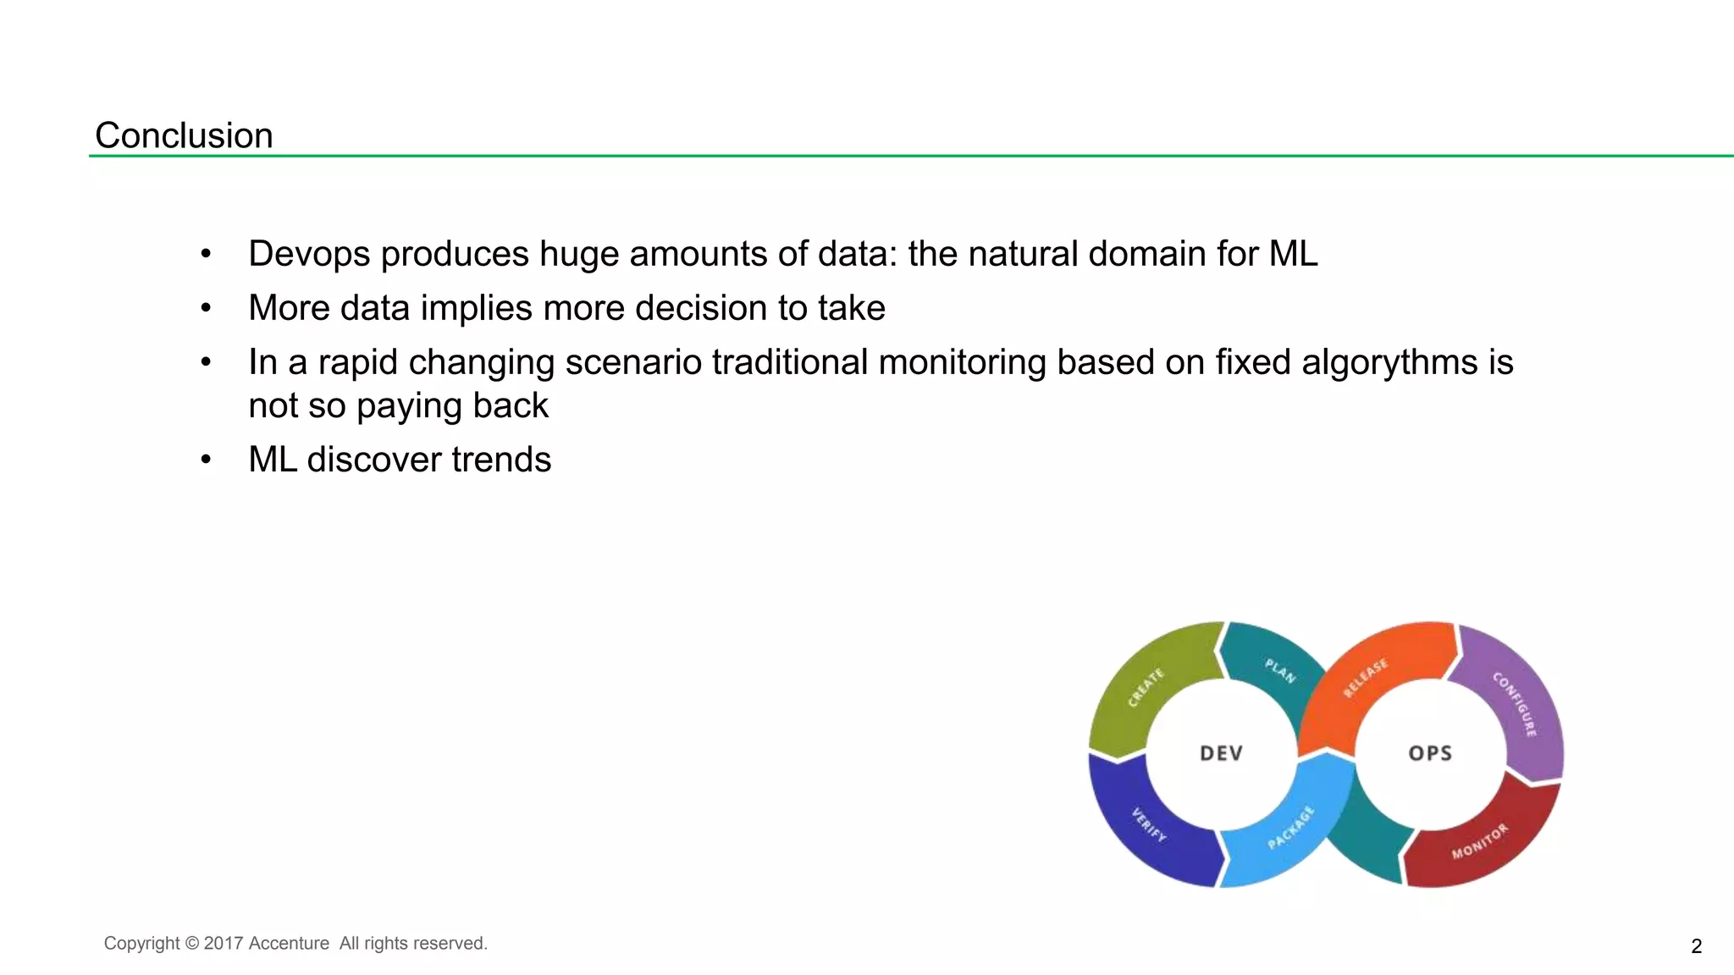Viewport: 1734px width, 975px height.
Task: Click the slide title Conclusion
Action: [184, 135]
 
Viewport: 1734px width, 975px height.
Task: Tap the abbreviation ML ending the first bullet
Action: [1293, 254]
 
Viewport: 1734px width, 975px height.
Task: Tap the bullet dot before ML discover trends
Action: [206, 460]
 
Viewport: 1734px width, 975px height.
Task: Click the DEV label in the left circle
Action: [1221, 753]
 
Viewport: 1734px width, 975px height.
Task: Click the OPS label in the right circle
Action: [1430, 753]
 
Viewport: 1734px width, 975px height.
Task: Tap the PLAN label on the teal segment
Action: [1279, 670]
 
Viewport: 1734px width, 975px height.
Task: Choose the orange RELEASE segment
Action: [1366, 678]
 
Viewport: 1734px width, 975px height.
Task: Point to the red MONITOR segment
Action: [1480, 841]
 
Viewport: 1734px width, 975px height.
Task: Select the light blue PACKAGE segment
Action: [1291, 828]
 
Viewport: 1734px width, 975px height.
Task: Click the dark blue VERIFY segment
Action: [1148, 825]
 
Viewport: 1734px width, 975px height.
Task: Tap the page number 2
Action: [1696, 946]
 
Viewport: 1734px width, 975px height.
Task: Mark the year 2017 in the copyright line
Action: [224, 944]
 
